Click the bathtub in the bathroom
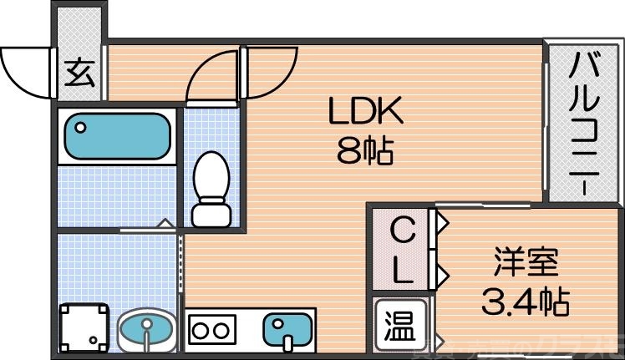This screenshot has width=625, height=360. [x=118, y=135]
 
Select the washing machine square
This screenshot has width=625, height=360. [x=85, y=327]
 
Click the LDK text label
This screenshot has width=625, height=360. [x=364, y=110]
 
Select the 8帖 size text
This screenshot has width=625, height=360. [x=364, y=150]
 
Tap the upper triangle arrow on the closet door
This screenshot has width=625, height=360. [x=442, y=223]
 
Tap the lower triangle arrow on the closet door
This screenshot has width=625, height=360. [x=442, y=272]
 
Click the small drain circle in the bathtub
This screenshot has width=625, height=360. [x=80, y=128]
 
